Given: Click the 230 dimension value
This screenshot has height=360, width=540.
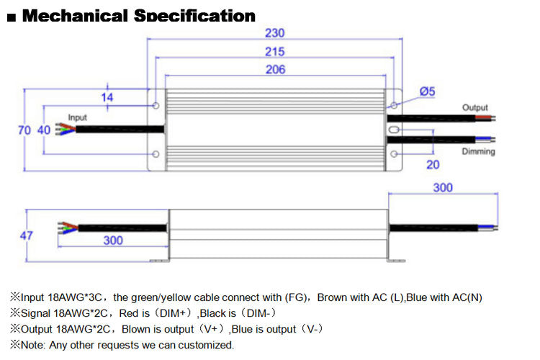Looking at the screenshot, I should click(x=275, y=33).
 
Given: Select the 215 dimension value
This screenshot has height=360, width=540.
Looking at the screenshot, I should click(x=275, y=52).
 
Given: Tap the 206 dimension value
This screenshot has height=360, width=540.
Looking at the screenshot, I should click(x=275, y=70).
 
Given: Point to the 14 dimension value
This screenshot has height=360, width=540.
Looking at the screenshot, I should click(x=107, y=96).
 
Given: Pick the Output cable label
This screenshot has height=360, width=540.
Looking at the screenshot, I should click(x=475, y=107).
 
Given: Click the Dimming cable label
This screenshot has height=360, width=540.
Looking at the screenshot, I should click(x=478, y=152).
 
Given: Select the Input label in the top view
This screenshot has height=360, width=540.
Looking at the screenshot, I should click(x=77, y=117).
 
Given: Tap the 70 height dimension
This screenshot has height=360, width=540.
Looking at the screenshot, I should click(x=23, y=130).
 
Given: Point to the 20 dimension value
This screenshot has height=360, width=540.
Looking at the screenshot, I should click(x=432, y=164).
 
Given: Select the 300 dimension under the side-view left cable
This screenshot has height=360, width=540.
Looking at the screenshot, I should click(x=113, y=240).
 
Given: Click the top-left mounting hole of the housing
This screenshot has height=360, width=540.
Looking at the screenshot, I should click(x=157, y=106).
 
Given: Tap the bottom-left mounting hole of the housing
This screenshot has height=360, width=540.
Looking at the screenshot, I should click(x=157, y=154).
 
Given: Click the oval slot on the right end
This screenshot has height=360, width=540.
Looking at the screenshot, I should click(x=394, y=130).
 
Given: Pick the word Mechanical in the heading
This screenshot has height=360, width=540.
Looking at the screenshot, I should click(x=77, y=15).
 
